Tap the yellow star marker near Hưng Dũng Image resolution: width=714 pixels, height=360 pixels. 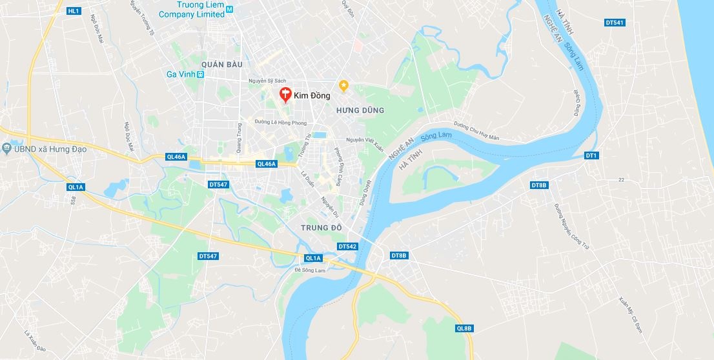pos(343,85)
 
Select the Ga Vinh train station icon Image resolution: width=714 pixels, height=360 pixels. pos(201,75)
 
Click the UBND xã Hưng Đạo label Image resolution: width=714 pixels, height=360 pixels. pos(49,149)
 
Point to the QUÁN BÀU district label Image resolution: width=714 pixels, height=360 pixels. pos(221,65)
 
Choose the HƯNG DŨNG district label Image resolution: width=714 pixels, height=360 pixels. pos(360,110)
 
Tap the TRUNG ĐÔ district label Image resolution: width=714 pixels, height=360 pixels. pos(320,228)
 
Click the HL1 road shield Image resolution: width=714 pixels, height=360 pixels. pos(74,11)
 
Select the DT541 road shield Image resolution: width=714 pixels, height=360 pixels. pos(615,23)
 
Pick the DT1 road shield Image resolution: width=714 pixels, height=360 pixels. pos(591,155)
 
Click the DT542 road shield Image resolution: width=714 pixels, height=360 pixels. pos(347,246)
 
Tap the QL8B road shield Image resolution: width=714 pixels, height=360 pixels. pos(464,328)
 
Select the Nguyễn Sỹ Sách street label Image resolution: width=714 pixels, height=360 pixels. pos(267,81)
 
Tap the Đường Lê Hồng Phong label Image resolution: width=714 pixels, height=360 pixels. pos(280,122)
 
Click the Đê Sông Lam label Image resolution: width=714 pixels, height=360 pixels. pos(311,270)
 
